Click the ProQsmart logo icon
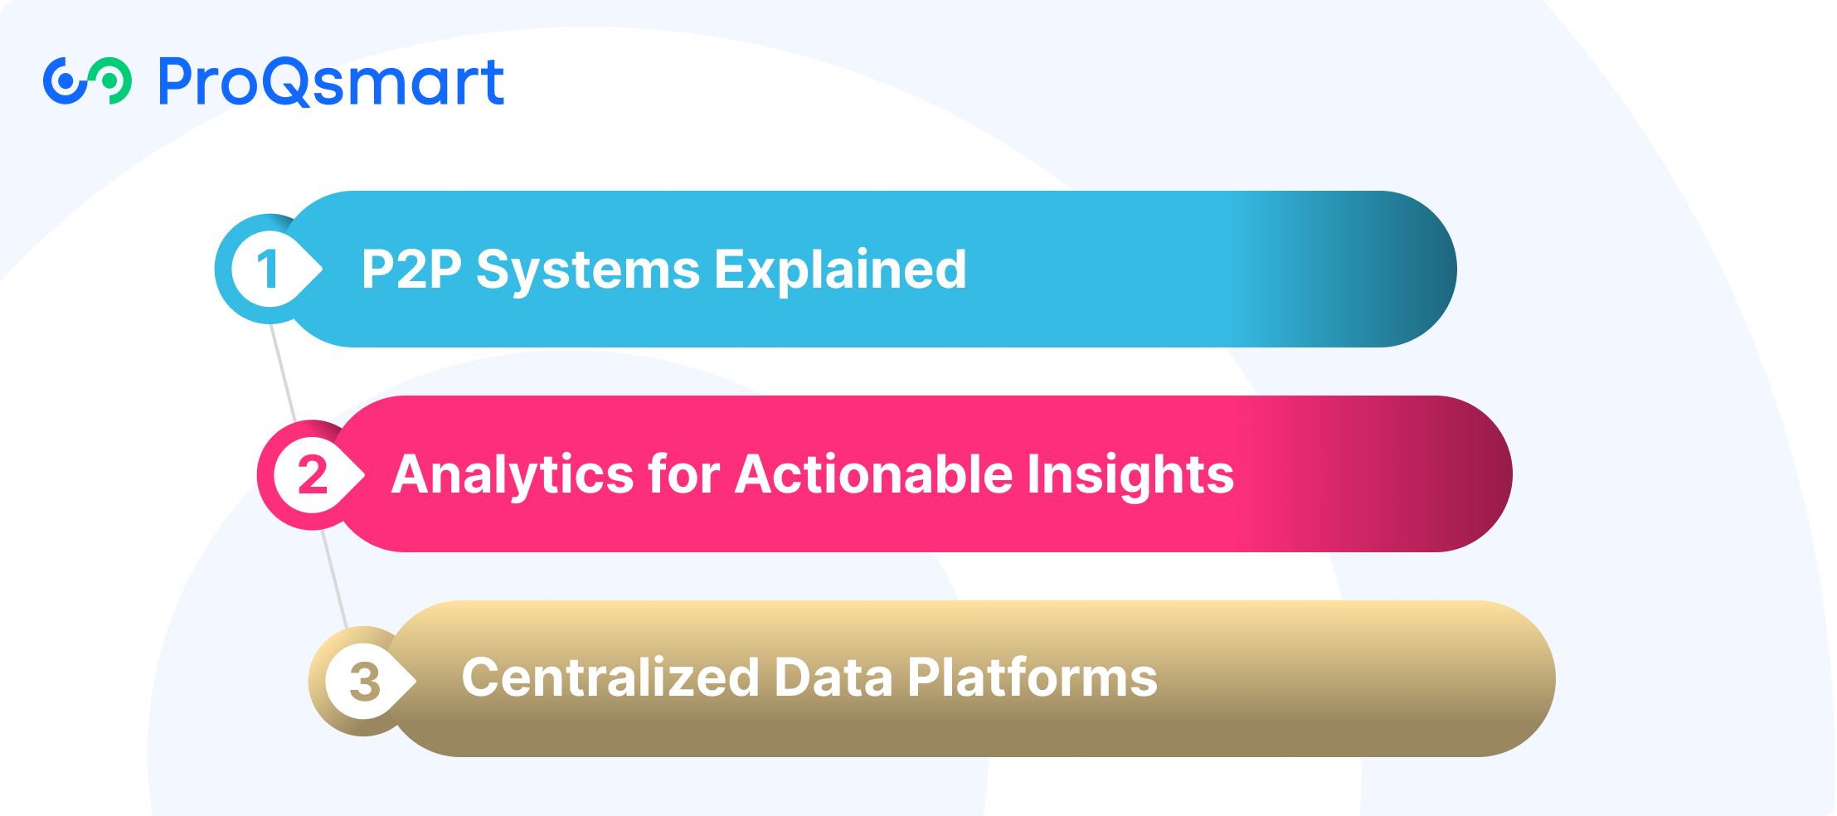click(x=87, y=81)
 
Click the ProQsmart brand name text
click(x=331, y=83)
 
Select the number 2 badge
click(x=312, y=474)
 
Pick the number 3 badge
click(x=363, y=681)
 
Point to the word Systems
click(x=588, y=270)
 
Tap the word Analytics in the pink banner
click(x=513, y=475)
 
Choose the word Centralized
click(x=610, y=678)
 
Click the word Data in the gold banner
click(x=833, y=678)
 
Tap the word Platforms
click(x=1032, y=678)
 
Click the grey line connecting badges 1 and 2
click(x=283, y=372)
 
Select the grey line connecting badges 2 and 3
click(x=334, y=578)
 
